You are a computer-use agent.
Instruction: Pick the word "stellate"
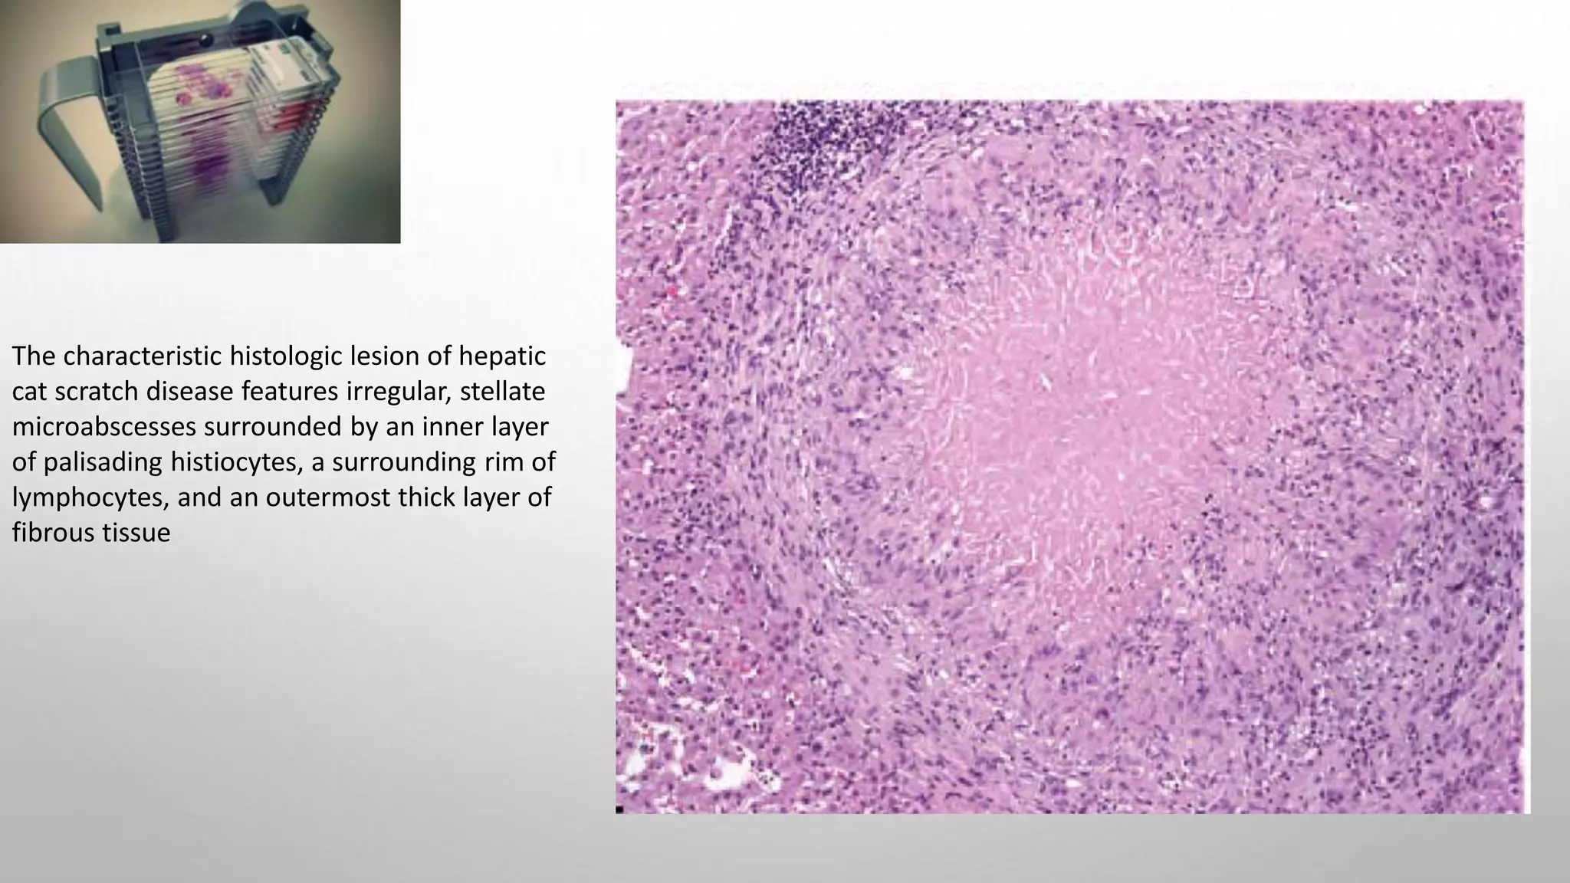point(502,392)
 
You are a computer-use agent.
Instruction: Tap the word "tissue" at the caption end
point(137,533)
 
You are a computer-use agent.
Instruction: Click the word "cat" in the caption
point(29,392)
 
